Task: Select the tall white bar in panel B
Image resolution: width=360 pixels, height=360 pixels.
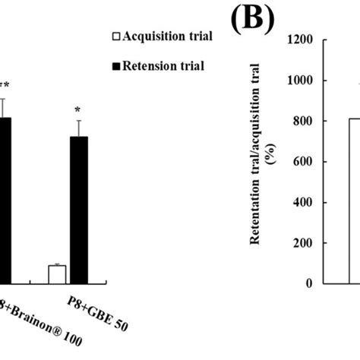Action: click(x=354, y=201)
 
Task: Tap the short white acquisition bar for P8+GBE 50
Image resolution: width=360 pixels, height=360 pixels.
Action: click(x=58, y=274)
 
